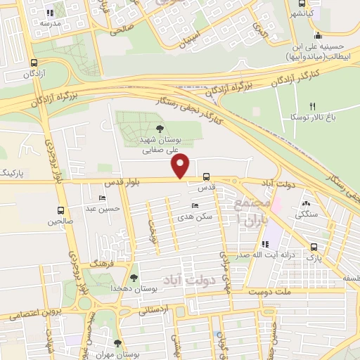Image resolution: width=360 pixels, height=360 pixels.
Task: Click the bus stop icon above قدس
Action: [206, 177]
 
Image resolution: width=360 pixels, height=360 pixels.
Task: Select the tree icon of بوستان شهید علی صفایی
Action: [160, 128]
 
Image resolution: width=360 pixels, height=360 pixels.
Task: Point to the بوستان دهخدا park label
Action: [134, 289]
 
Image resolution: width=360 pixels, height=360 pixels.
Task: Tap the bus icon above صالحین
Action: [61, 210]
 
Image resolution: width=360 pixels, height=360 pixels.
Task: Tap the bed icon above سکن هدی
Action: [195, 205]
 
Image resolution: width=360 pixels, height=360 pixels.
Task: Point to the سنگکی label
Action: [308, 214]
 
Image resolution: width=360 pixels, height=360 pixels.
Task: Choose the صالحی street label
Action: [121, 31]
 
